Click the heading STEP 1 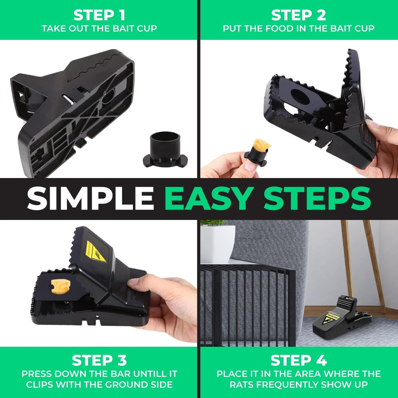coord(99,15)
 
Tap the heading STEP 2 coord(298,15)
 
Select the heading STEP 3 coord(99,360)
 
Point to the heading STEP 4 coord(298,360)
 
